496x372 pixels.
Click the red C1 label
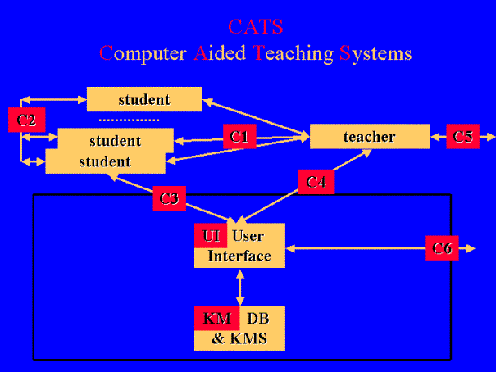point(239,137)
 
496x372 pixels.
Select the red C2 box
point(27,120)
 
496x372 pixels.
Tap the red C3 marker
point(169,198)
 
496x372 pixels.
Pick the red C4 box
point(316,182)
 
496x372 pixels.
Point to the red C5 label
point(462,136)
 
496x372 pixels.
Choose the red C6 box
point(442,248)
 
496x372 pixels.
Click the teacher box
point(370,136)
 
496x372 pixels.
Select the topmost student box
point(144,99)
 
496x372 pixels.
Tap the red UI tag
point(211,236)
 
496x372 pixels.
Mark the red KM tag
point(217,318)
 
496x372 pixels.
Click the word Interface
point(239,256)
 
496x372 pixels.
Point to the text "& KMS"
point(239,338)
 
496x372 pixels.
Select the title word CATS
point(256,26)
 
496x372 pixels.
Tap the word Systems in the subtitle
point(375,53)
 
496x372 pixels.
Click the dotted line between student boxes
point(129,120)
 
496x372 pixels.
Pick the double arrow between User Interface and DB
point(240,288)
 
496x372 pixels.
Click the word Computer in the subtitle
point(143,53)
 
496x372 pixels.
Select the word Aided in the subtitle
point(220,52)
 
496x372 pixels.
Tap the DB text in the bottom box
point(257,318)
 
